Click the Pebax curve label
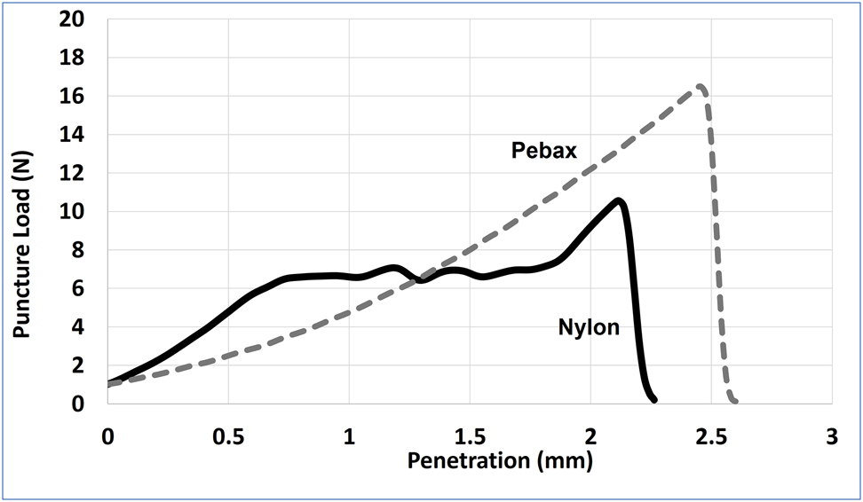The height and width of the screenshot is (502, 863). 544,151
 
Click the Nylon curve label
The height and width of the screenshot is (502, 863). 589,327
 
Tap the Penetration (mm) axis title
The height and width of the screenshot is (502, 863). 499,461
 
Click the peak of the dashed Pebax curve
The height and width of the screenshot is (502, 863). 700,86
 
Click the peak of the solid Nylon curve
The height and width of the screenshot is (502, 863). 619,200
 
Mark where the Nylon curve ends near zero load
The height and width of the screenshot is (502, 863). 653,400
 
